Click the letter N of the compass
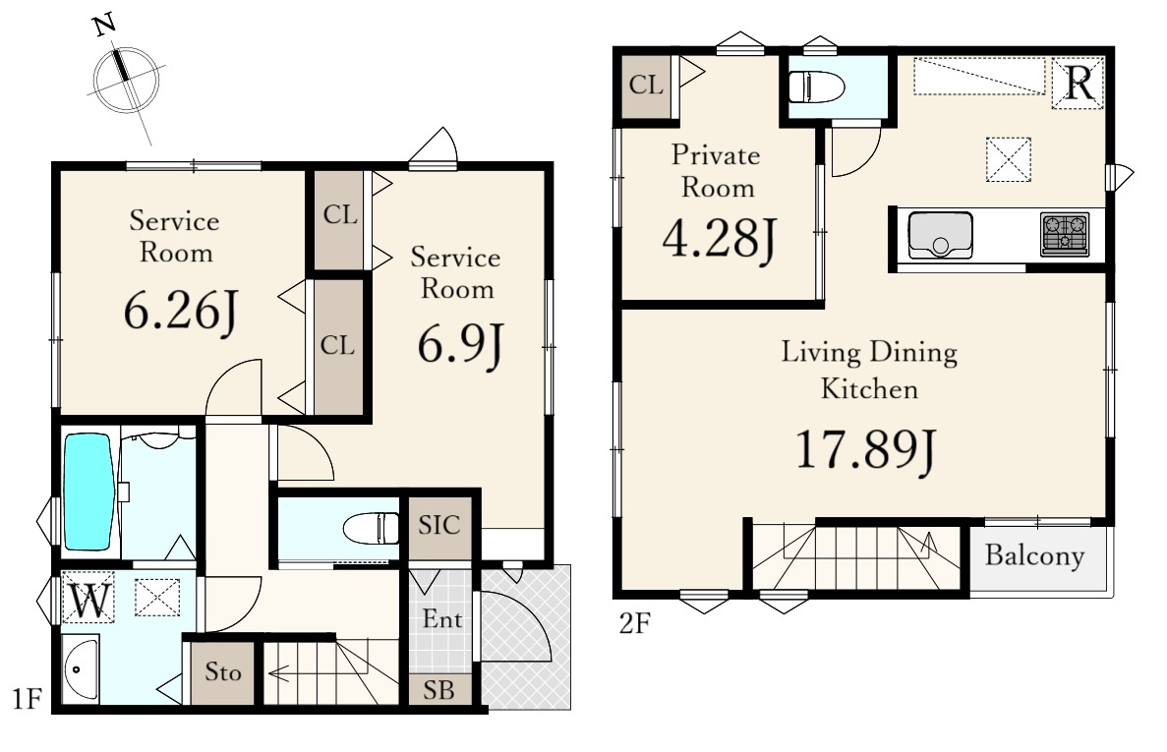click(x=105, y=26)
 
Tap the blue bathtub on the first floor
click(x=88, y=492)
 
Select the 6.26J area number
click(x=181, y=311)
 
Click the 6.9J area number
click(x=461, y=345)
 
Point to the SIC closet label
click(x=439, y=525)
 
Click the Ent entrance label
click(x=442, y=619)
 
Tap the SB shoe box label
click(x=439, y=691)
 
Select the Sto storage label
click(x=223, y=672)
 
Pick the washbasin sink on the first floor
click(x=80, y=668)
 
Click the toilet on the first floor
click(x=372, y=529)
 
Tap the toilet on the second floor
click(x=816, y=87)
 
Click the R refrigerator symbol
click(x=1079, y=83)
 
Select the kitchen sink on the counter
click(x=940, y=235)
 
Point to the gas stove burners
click(x=1065, y=234)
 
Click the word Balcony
click(x=1034, y=555)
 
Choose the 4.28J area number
click(x=720, y=238)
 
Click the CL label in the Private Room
click(x=646, y=85)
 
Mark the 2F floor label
click(x=635, y=622)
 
